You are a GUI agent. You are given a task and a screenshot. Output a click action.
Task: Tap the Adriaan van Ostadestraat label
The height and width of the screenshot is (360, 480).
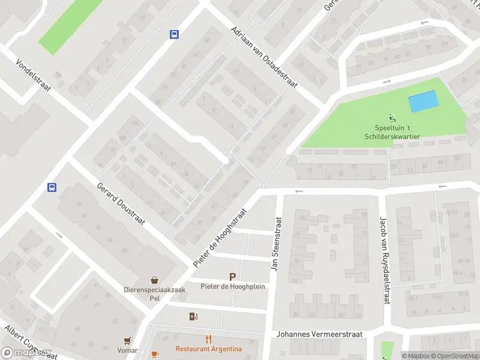tap(264, 58)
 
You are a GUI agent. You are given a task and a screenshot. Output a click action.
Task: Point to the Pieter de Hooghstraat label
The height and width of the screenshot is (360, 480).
tap(220, 238)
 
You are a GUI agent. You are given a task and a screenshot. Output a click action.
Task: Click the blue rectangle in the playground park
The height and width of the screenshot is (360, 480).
tap(423, 101)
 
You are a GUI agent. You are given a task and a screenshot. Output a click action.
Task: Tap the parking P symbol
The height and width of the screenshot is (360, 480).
tap(232, 277)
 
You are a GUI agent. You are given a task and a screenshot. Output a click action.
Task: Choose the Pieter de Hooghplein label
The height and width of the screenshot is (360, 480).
tap(232, 287)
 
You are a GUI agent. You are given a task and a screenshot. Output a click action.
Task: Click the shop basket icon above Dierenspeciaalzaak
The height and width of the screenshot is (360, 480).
tap(155, 280)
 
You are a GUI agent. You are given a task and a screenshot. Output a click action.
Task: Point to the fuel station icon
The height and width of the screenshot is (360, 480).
tap(193, 316)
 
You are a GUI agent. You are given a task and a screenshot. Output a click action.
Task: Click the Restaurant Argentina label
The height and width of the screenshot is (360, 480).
tap(209, 349)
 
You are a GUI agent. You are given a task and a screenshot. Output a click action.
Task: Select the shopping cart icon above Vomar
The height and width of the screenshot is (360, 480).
tap(127, 340)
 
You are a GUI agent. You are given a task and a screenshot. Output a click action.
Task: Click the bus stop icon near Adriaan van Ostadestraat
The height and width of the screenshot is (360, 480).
tap(174, 34)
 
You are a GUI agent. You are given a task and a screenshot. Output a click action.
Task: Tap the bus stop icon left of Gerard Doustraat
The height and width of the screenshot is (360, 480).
tap(52, 187)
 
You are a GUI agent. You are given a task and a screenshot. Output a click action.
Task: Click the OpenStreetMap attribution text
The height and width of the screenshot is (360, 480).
tap(454, 356)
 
